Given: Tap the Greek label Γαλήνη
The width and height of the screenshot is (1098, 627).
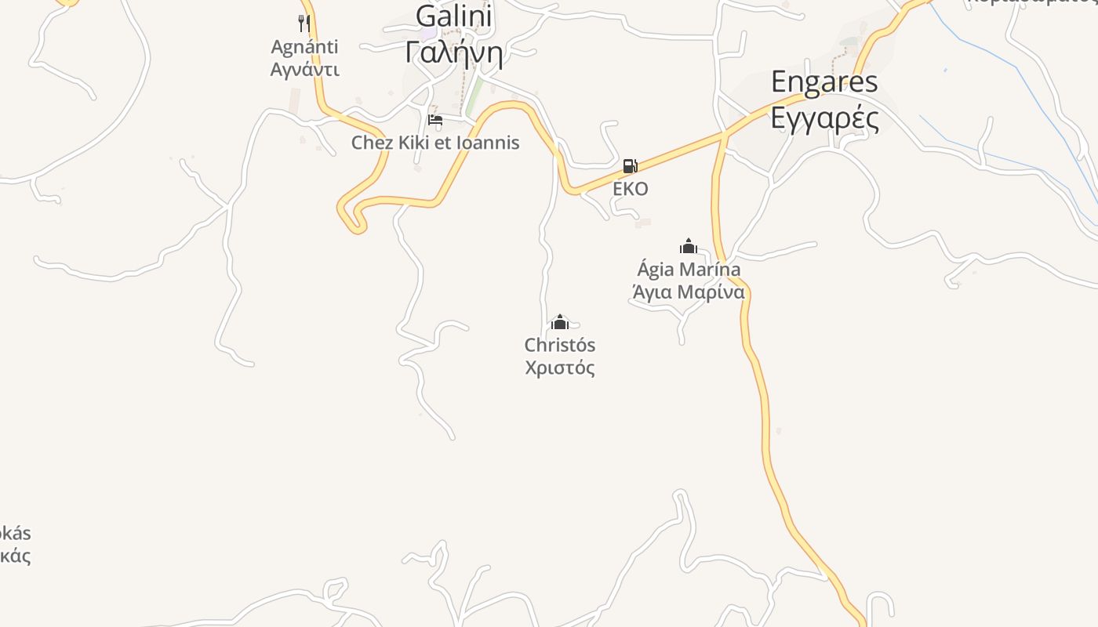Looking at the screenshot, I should (x=453, y=52).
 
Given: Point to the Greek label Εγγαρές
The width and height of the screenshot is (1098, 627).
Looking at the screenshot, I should (x=824, y=118).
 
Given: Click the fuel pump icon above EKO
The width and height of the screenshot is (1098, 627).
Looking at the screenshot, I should (x=630, y=166).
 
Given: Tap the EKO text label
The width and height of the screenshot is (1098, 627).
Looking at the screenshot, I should (x=630, y=189).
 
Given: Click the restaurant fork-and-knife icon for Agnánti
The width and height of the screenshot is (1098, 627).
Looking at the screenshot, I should (x=304, y=24).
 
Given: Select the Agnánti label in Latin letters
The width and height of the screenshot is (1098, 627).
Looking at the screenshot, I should (x=304, y=47).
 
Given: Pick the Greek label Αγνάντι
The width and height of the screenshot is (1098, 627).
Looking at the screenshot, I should (x=304, y=69).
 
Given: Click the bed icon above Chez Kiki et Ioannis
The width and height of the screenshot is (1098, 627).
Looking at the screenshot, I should (x=435, y=120).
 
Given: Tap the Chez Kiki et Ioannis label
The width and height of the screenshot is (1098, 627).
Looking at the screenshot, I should (x=435, y=143).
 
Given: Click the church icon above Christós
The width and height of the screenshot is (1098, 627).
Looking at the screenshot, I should (x=559, y=322).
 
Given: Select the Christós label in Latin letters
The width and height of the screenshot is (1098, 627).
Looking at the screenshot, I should (x=559, y=345).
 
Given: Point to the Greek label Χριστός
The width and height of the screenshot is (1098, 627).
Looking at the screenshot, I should (x=559, y=368).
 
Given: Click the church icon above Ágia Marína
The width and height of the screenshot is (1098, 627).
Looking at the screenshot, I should (x=689, y=246).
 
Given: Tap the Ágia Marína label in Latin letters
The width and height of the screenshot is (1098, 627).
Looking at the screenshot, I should (x=689, y=270).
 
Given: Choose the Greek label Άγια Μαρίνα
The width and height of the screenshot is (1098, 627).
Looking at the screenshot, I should (x=689, y=292).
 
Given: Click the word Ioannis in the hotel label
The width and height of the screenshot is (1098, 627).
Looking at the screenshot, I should (x=491, y=143).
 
